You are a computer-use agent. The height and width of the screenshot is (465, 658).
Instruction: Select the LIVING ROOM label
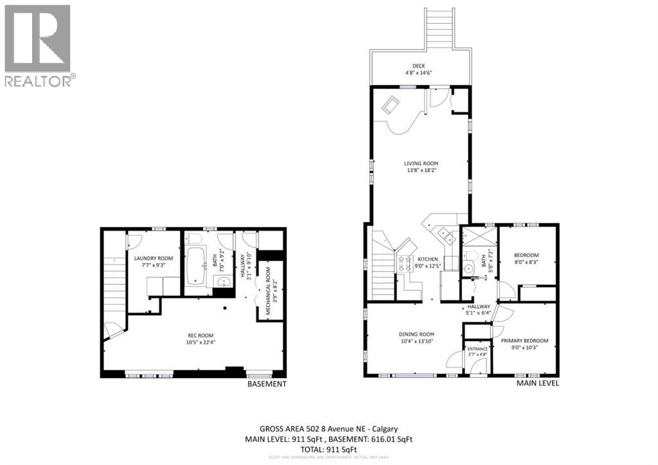point(421,163)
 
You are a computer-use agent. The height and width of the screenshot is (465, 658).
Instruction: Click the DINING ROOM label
point(417,334)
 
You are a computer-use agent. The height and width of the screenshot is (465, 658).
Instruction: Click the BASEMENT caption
point(267,384)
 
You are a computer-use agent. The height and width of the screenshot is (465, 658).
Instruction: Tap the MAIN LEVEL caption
point(538,383)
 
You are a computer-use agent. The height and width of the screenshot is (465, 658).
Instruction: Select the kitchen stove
point(406,262)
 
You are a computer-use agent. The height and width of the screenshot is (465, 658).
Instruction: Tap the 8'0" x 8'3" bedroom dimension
point(527,262)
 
